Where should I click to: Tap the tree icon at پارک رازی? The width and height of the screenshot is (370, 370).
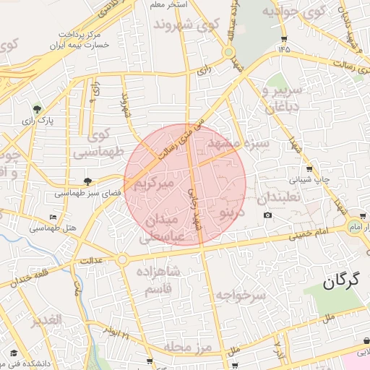37,109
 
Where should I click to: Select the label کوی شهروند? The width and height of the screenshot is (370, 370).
186,25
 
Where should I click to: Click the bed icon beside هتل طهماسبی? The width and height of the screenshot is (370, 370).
52,217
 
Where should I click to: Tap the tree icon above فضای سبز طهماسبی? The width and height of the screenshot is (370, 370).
87,181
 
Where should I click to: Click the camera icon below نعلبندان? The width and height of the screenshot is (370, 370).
267,215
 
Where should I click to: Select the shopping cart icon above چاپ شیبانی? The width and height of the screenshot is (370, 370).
309,168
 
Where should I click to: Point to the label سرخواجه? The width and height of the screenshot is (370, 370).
241,295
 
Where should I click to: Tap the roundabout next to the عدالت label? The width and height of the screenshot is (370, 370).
122,259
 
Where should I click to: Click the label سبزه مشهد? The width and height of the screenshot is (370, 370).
238,143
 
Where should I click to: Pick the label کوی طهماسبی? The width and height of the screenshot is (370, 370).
105,143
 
